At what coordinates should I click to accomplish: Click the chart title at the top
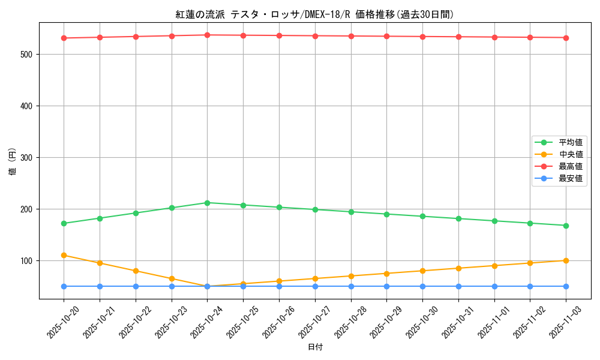click(315, 14)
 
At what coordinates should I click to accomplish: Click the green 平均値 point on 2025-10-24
click(207, 203)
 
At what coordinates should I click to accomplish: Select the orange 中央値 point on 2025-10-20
click(64, 255)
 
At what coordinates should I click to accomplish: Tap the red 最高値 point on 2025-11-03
click(566, 38)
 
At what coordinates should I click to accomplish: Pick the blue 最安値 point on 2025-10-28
click(350, 286)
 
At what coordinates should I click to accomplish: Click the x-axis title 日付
click(315, 347)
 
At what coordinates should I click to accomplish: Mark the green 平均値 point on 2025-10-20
click(64, 223)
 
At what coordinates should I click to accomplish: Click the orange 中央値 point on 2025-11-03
click(566, 260)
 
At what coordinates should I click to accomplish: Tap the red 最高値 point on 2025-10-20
click(64, 38)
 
